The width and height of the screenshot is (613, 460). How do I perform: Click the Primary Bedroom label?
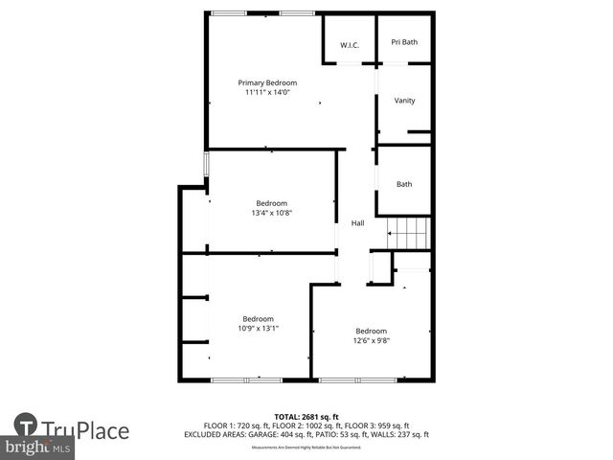(x=267, y=83)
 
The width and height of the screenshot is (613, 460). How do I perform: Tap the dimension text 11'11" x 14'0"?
(x=267, y=93)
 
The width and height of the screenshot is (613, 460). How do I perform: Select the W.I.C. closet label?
(x=349, y=45)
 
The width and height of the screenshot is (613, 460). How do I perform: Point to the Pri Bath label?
(x=404, y=42)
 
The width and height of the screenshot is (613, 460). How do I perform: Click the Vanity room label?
(x=404, y=101)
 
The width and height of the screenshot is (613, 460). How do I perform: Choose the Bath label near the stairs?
(x=404, y=184)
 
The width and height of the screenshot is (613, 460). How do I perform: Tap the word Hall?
(x=357, y=223)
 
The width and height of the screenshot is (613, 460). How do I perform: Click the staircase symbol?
(x=409, y=232)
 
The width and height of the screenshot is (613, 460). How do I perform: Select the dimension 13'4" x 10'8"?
(x=271, y=213)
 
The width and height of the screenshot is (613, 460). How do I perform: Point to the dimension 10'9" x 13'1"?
(x=258, y=329)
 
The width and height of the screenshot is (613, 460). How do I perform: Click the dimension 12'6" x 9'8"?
(x=371, y=340)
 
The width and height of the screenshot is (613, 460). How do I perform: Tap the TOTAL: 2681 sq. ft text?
(x=306, y=417)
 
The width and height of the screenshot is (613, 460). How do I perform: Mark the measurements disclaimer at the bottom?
(x=306, y=448)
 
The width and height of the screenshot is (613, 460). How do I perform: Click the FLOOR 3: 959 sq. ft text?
(x=377, y=425)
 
